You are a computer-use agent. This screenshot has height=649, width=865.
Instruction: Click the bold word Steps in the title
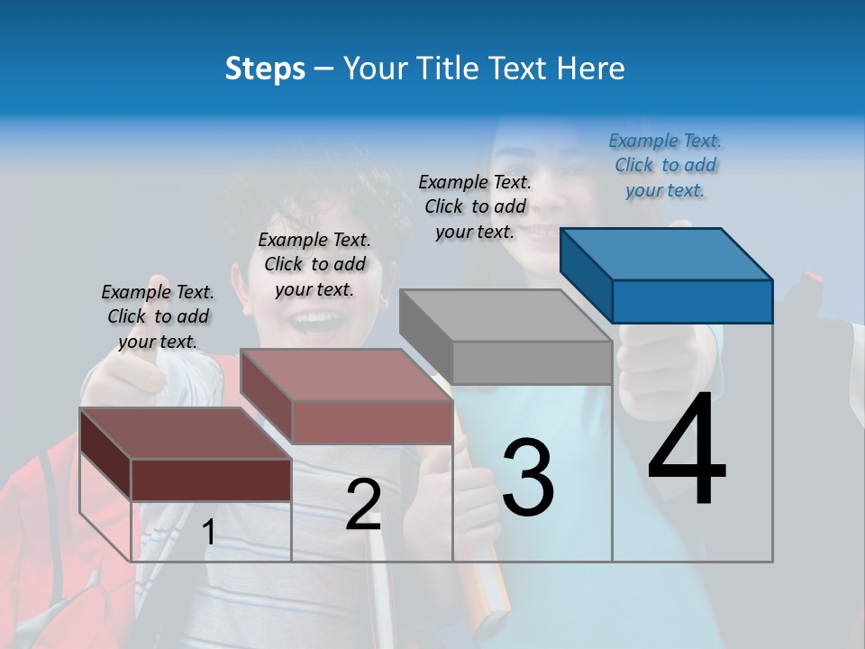point(265,69)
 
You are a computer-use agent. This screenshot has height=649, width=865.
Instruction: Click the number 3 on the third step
point(528,479)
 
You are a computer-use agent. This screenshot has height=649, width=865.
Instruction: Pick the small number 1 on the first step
point(209,533)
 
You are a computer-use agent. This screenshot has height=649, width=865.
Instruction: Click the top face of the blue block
point(665,254)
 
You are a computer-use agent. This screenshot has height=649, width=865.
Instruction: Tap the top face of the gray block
point(505,315)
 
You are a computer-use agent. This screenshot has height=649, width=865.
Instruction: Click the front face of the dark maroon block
point(211,480)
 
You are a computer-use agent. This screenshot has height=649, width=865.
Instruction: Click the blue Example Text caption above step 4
point(665,165)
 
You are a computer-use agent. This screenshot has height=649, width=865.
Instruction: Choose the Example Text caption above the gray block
point(475,206)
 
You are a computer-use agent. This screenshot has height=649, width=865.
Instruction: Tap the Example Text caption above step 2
point(314,264)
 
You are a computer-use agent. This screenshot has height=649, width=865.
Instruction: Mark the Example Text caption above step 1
point(158,316)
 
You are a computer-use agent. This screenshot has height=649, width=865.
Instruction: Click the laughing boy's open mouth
point(316,320)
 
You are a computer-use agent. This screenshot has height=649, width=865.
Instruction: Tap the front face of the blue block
point(692,301)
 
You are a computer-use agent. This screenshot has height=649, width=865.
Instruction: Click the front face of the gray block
point(532,363)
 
